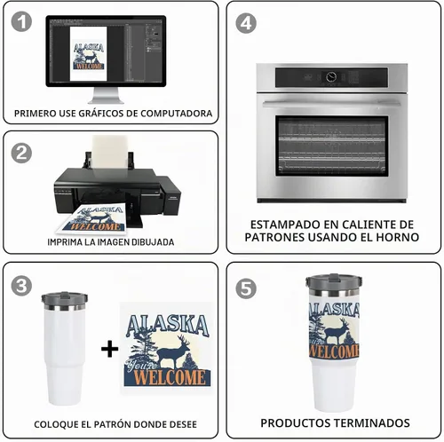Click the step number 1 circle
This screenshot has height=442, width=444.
[x=21, y=21]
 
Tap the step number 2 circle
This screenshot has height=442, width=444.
[x=21, y=153]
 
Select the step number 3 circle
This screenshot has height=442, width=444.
[x=21, y=286]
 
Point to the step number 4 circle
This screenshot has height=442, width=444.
[x=246, y=23]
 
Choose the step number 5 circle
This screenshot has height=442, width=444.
[x=246, y=288]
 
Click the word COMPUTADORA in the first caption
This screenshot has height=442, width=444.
[x=176, y=114]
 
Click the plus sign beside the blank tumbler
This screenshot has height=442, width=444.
[x=109, y=349]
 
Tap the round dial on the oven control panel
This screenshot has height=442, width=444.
[x=331, y=77]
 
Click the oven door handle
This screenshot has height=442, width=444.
[x=331, y=103]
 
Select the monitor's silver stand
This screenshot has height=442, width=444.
[x=106, y=95]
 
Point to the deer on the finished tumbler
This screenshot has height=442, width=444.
[x=337, y=330]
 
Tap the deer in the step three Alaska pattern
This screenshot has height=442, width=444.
[x=173, y=351]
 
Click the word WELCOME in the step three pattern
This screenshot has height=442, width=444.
[x=170, y=377]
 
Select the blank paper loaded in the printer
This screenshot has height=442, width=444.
[x=110, y=153]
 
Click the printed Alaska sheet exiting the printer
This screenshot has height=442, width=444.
[x=92, y=218]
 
